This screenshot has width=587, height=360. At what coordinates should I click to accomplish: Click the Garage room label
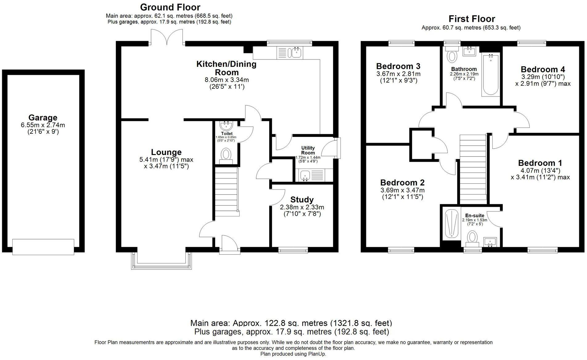point(43,118)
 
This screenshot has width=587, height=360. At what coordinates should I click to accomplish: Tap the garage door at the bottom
point(43,247)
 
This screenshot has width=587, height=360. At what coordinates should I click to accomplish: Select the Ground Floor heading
point(170,7)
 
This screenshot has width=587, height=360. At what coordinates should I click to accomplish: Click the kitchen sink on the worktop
point(296,53)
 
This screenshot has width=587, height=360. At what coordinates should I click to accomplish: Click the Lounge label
point(166,152)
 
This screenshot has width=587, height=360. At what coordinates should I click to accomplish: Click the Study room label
point(302,200)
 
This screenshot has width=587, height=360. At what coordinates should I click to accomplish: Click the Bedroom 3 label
point(398,66)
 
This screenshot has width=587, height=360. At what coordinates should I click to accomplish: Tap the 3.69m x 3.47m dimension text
point(402,190)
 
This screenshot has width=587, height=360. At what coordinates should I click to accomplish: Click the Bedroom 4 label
point(543,69)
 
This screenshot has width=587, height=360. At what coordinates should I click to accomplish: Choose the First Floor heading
point(471,19)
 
